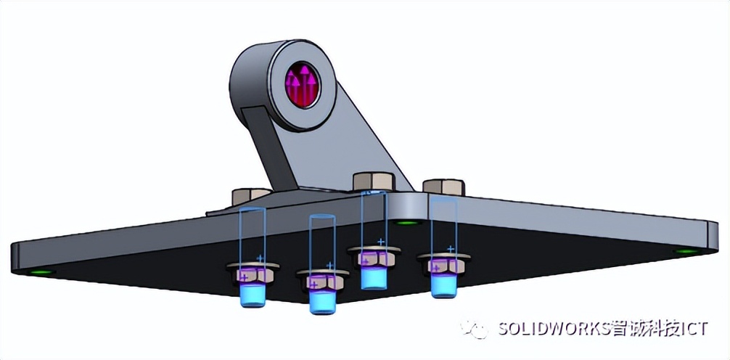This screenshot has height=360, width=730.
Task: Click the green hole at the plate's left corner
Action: (42, 272)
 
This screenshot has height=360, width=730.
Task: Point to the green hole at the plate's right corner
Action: (684, 251)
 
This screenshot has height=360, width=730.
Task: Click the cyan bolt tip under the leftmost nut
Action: (251, 293)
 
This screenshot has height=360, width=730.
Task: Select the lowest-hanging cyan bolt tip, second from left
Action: (319, 300)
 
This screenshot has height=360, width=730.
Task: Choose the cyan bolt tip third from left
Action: (373, 277)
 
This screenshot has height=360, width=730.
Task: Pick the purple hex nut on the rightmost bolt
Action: (441, 266)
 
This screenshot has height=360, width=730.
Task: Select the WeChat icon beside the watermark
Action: (478, 329)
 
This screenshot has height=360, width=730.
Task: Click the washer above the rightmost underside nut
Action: (441, 256)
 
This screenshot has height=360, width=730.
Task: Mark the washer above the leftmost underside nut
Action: (250, 265)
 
